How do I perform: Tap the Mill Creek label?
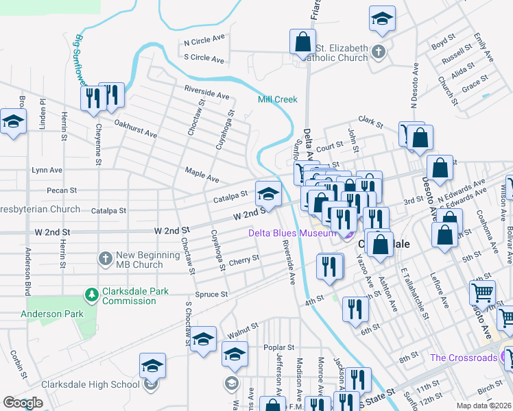pyautogui.click(x=278, y=99)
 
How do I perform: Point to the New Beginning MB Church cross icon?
pyautogui.click(x=105, y=258)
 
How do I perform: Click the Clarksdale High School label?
pyautogui.click(x=90, y=384)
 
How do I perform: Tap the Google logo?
pyautogui.click(x=23, y=403)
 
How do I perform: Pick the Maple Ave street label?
pyautogui.click(x=202, y=175)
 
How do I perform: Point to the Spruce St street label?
pyautogui.click(x=211, y=295)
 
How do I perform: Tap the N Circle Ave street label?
pyautogui.click(x=204, y=40)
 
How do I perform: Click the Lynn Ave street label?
pyautogui.click(x=47, y=169)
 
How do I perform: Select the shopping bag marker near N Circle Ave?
pyautogui.click(x=302, y=42)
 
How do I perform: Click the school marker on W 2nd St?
pyautogui.click(x=268, y=195)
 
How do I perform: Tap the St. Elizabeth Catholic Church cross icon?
pyautogui.click(x=377, y=51)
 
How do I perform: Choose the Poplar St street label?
pyautogui.click(x=278, y=347)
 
